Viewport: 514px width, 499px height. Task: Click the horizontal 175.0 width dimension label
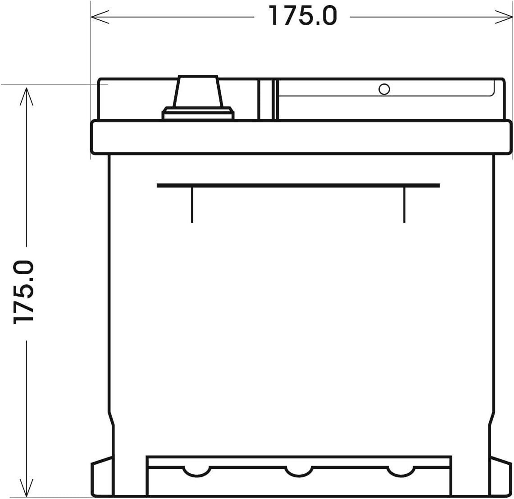tap(302, 16)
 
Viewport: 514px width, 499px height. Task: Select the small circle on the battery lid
tap(384, 89)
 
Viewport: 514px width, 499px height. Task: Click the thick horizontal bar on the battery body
tap(298, 185)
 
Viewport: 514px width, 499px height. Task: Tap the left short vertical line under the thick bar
tap(192, 205)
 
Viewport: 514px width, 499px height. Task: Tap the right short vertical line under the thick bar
tap(404, 205)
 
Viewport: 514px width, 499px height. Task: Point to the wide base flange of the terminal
tap(198, 114)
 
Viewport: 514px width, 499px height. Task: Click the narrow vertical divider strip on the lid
tap(265, 100)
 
